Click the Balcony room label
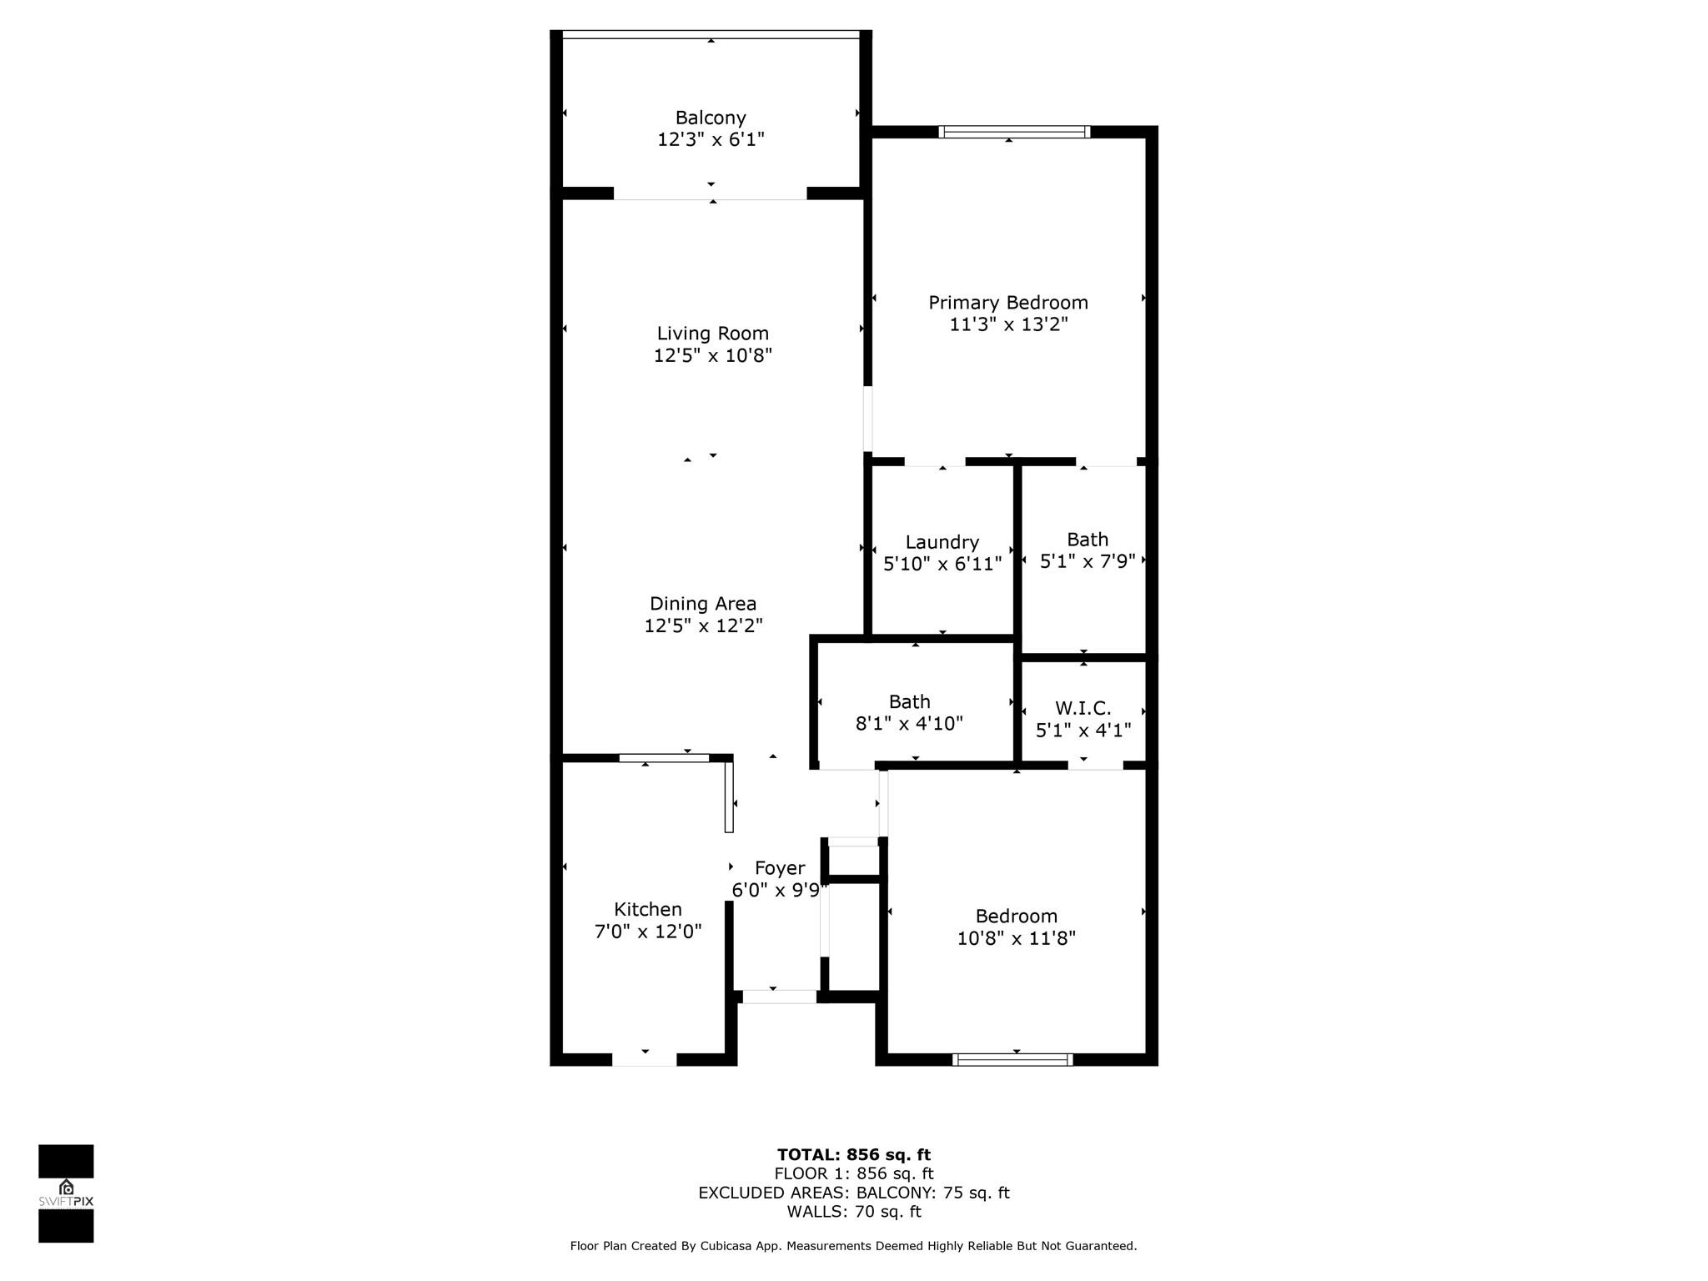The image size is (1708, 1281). pos(711,118)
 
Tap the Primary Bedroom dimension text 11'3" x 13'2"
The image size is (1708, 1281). pos(1008,324)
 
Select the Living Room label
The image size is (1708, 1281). pos(713,334)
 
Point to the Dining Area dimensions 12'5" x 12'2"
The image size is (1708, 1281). pos(703,625)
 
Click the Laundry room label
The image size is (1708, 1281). pos(942,543)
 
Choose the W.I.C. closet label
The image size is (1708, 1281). pos(1083,708)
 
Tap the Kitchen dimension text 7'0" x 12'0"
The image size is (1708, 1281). pos(648,931)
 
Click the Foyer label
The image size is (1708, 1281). pos(780,868)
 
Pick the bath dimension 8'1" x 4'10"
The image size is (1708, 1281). pos(909,723)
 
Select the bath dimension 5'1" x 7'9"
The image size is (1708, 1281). pos(1088,561)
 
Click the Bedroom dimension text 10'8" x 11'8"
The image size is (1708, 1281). pos(1017,938)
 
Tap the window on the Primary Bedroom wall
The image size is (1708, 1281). pos(1014,132)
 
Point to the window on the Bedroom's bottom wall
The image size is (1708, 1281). pos(1012,1060)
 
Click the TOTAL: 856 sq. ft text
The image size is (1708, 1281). pos(854,1155)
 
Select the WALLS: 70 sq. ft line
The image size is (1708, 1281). pos(854,1212)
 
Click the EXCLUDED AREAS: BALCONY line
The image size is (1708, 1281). pos(854,1193)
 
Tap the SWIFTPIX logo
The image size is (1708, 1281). pos(66,1193)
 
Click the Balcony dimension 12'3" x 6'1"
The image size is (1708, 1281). pos(711,139)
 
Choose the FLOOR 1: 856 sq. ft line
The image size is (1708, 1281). pos(854,1174)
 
